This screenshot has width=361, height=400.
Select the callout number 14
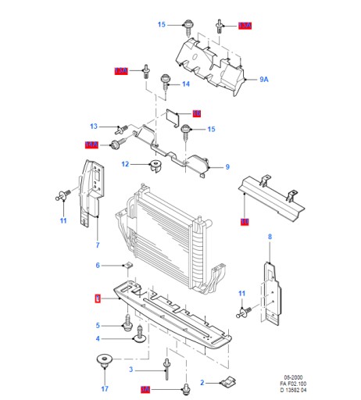pos(186,84)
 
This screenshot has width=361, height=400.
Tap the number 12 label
pos(125,164)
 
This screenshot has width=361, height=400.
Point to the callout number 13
pos(93,127)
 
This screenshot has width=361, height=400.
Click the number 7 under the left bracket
pos(98,245)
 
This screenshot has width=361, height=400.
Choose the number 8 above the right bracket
pos(270,236)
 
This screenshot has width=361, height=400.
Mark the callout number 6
pos(98,266)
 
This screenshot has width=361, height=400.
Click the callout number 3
pos(131,370)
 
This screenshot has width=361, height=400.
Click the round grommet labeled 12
pos(153,164)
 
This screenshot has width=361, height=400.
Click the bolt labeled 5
pos(126,321)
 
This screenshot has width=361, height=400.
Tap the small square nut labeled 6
pos(129,266)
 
